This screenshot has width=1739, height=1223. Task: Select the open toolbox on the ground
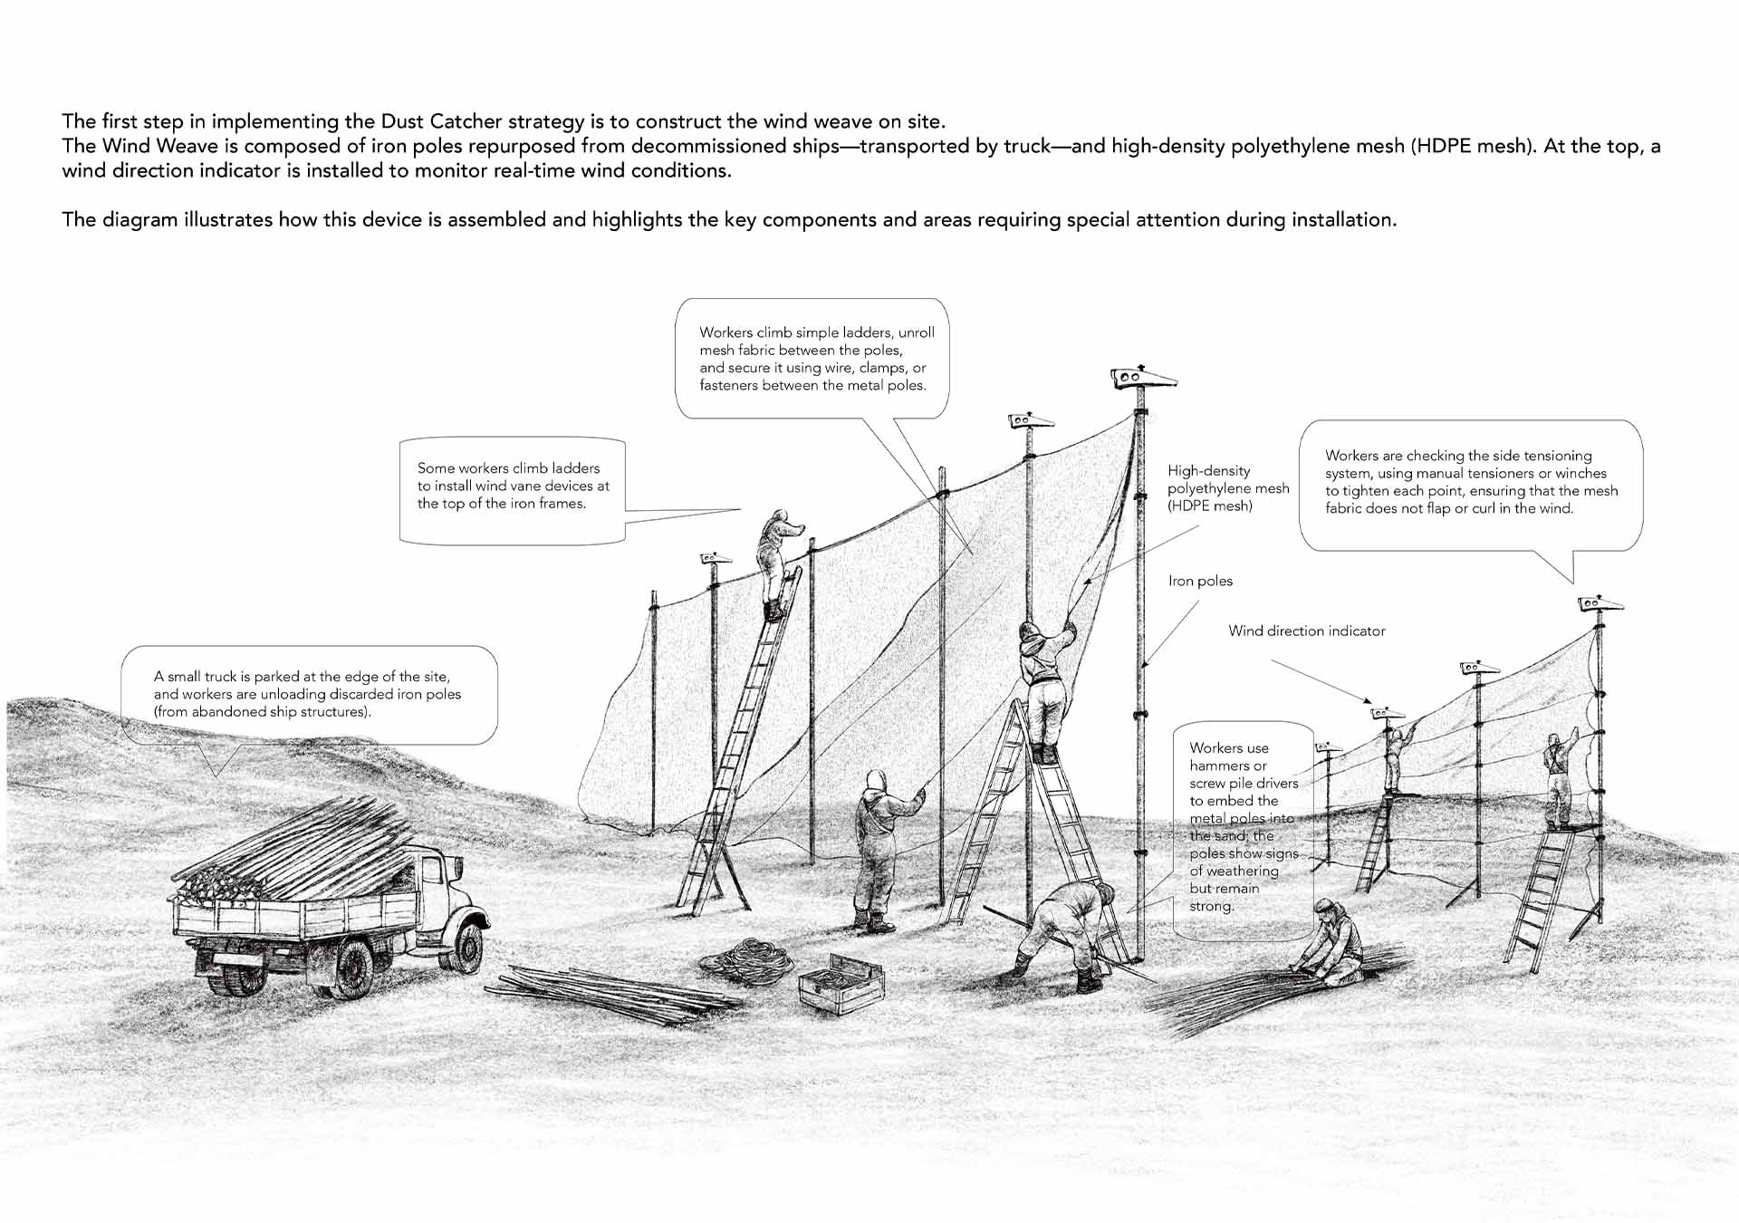tap(841, 983)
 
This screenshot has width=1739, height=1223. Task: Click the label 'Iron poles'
tap(1200, 581)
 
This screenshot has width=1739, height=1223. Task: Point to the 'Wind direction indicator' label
tap(1307, 631)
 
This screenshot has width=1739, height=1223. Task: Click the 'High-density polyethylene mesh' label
tap(1228, 488)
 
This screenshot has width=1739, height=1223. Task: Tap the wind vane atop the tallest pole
tap(1141, 377)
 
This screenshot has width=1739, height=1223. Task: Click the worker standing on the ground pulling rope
tap(883, 850)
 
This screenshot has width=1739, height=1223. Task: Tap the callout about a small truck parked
tap(309, 695)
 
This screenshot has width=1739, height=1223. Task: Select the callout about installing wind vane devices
tap(513, 490)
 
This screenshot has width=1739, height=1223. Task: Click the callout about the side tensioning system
tap(1471, 485)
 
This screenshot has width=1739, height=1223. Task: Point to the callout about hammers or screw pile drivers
tap(1243, 829)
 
